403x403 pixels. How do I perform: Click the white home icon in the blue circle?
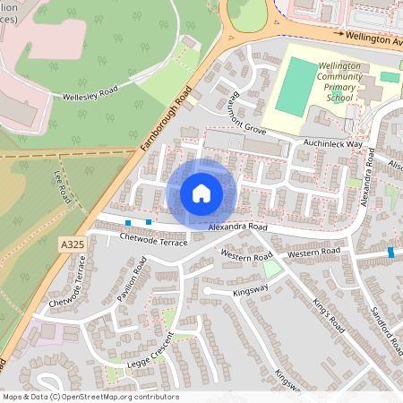(x=201, y=193)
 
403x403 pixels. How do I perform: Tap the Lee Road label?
(x=62, y=187)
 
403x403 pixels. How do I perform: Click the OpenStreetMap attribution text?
(x=90, y=397)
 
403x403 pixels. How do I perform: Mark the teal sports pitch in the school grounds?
(x=296, y=87)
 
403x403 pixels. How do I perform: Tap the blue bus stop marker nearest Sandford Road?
(x=391, y=252)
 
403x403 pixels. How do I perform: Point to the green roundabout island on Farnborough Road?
(x=247, y=12)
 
